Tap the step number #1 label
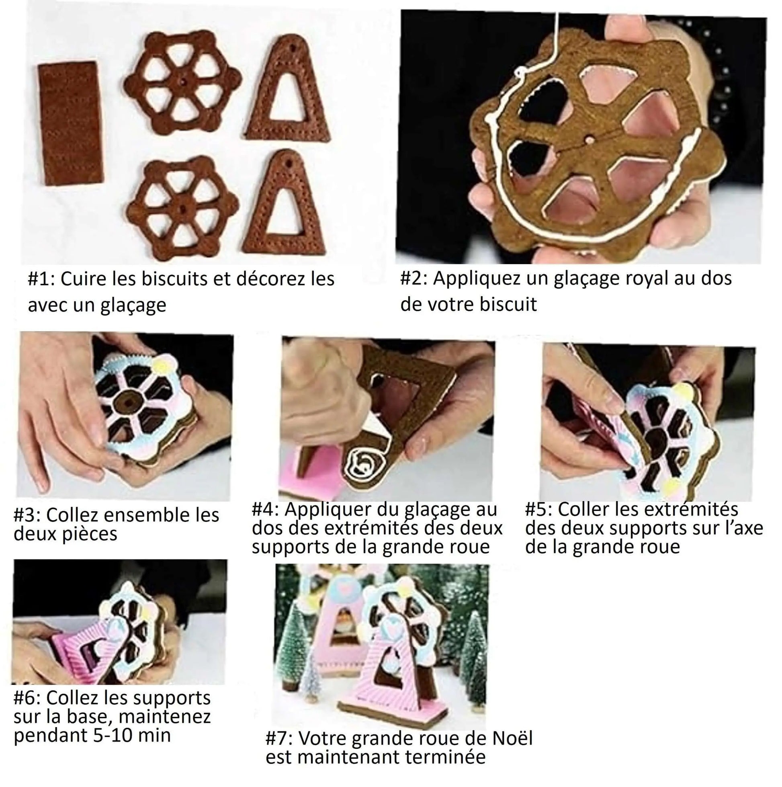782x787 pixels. pos(41,279)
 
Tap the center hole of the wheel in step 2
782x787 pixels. pos(590,140)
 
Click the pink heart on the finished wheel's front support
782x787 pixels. pos(392,625)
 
